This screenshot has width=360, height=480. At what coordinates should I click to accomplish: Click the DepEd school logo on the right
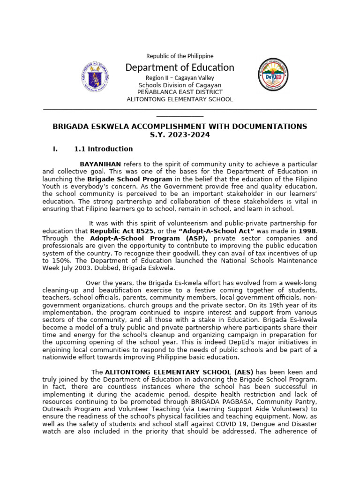coord(273,75)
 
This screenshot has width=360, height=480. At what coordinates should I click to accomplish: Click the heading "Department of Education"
coord(180,67)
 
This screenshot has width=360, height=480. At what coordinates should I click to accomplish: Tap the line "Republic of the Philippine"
coord(180,56)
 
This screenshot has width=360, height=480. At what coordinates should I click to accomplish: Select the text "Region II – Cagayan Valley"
coord(180,78)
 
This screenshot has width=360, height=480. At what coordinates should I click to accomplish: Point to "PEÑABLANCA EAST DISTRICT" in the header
coord(180,92)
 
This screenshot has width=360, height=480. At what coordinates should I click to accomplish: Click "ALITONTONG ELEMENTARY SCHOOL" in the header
coord(180,99)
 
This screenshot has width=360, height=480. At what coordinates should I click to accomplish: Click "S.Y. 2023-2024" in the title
coord(180,135)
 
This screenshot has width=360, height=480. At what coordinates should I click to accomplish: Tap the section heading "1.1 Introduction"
coord(103,149)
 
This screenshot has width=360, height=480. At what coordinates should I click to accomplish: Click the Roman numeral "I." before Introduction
coord(55,149)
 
